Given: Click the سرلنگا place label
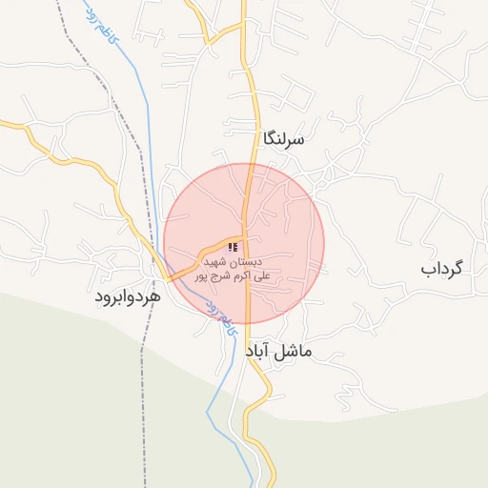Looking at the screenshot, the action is pyautogui.click(x=284, y=139).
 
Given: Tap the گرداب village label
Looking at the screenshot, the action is pyautogui.click(x=441, y=268).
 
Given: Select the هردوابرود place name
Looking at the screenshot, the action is pyautogui.click(x=127, y=296).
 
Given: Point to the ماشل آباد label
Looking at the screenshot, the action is pyautogui.click(x=278, y=352).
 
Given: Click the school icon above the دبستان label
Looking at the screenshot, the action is pyautogui.click(x=234, y=247).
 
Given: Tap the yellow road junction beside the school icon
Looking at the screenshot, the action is pyautogui.click(x=245, y=238).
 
